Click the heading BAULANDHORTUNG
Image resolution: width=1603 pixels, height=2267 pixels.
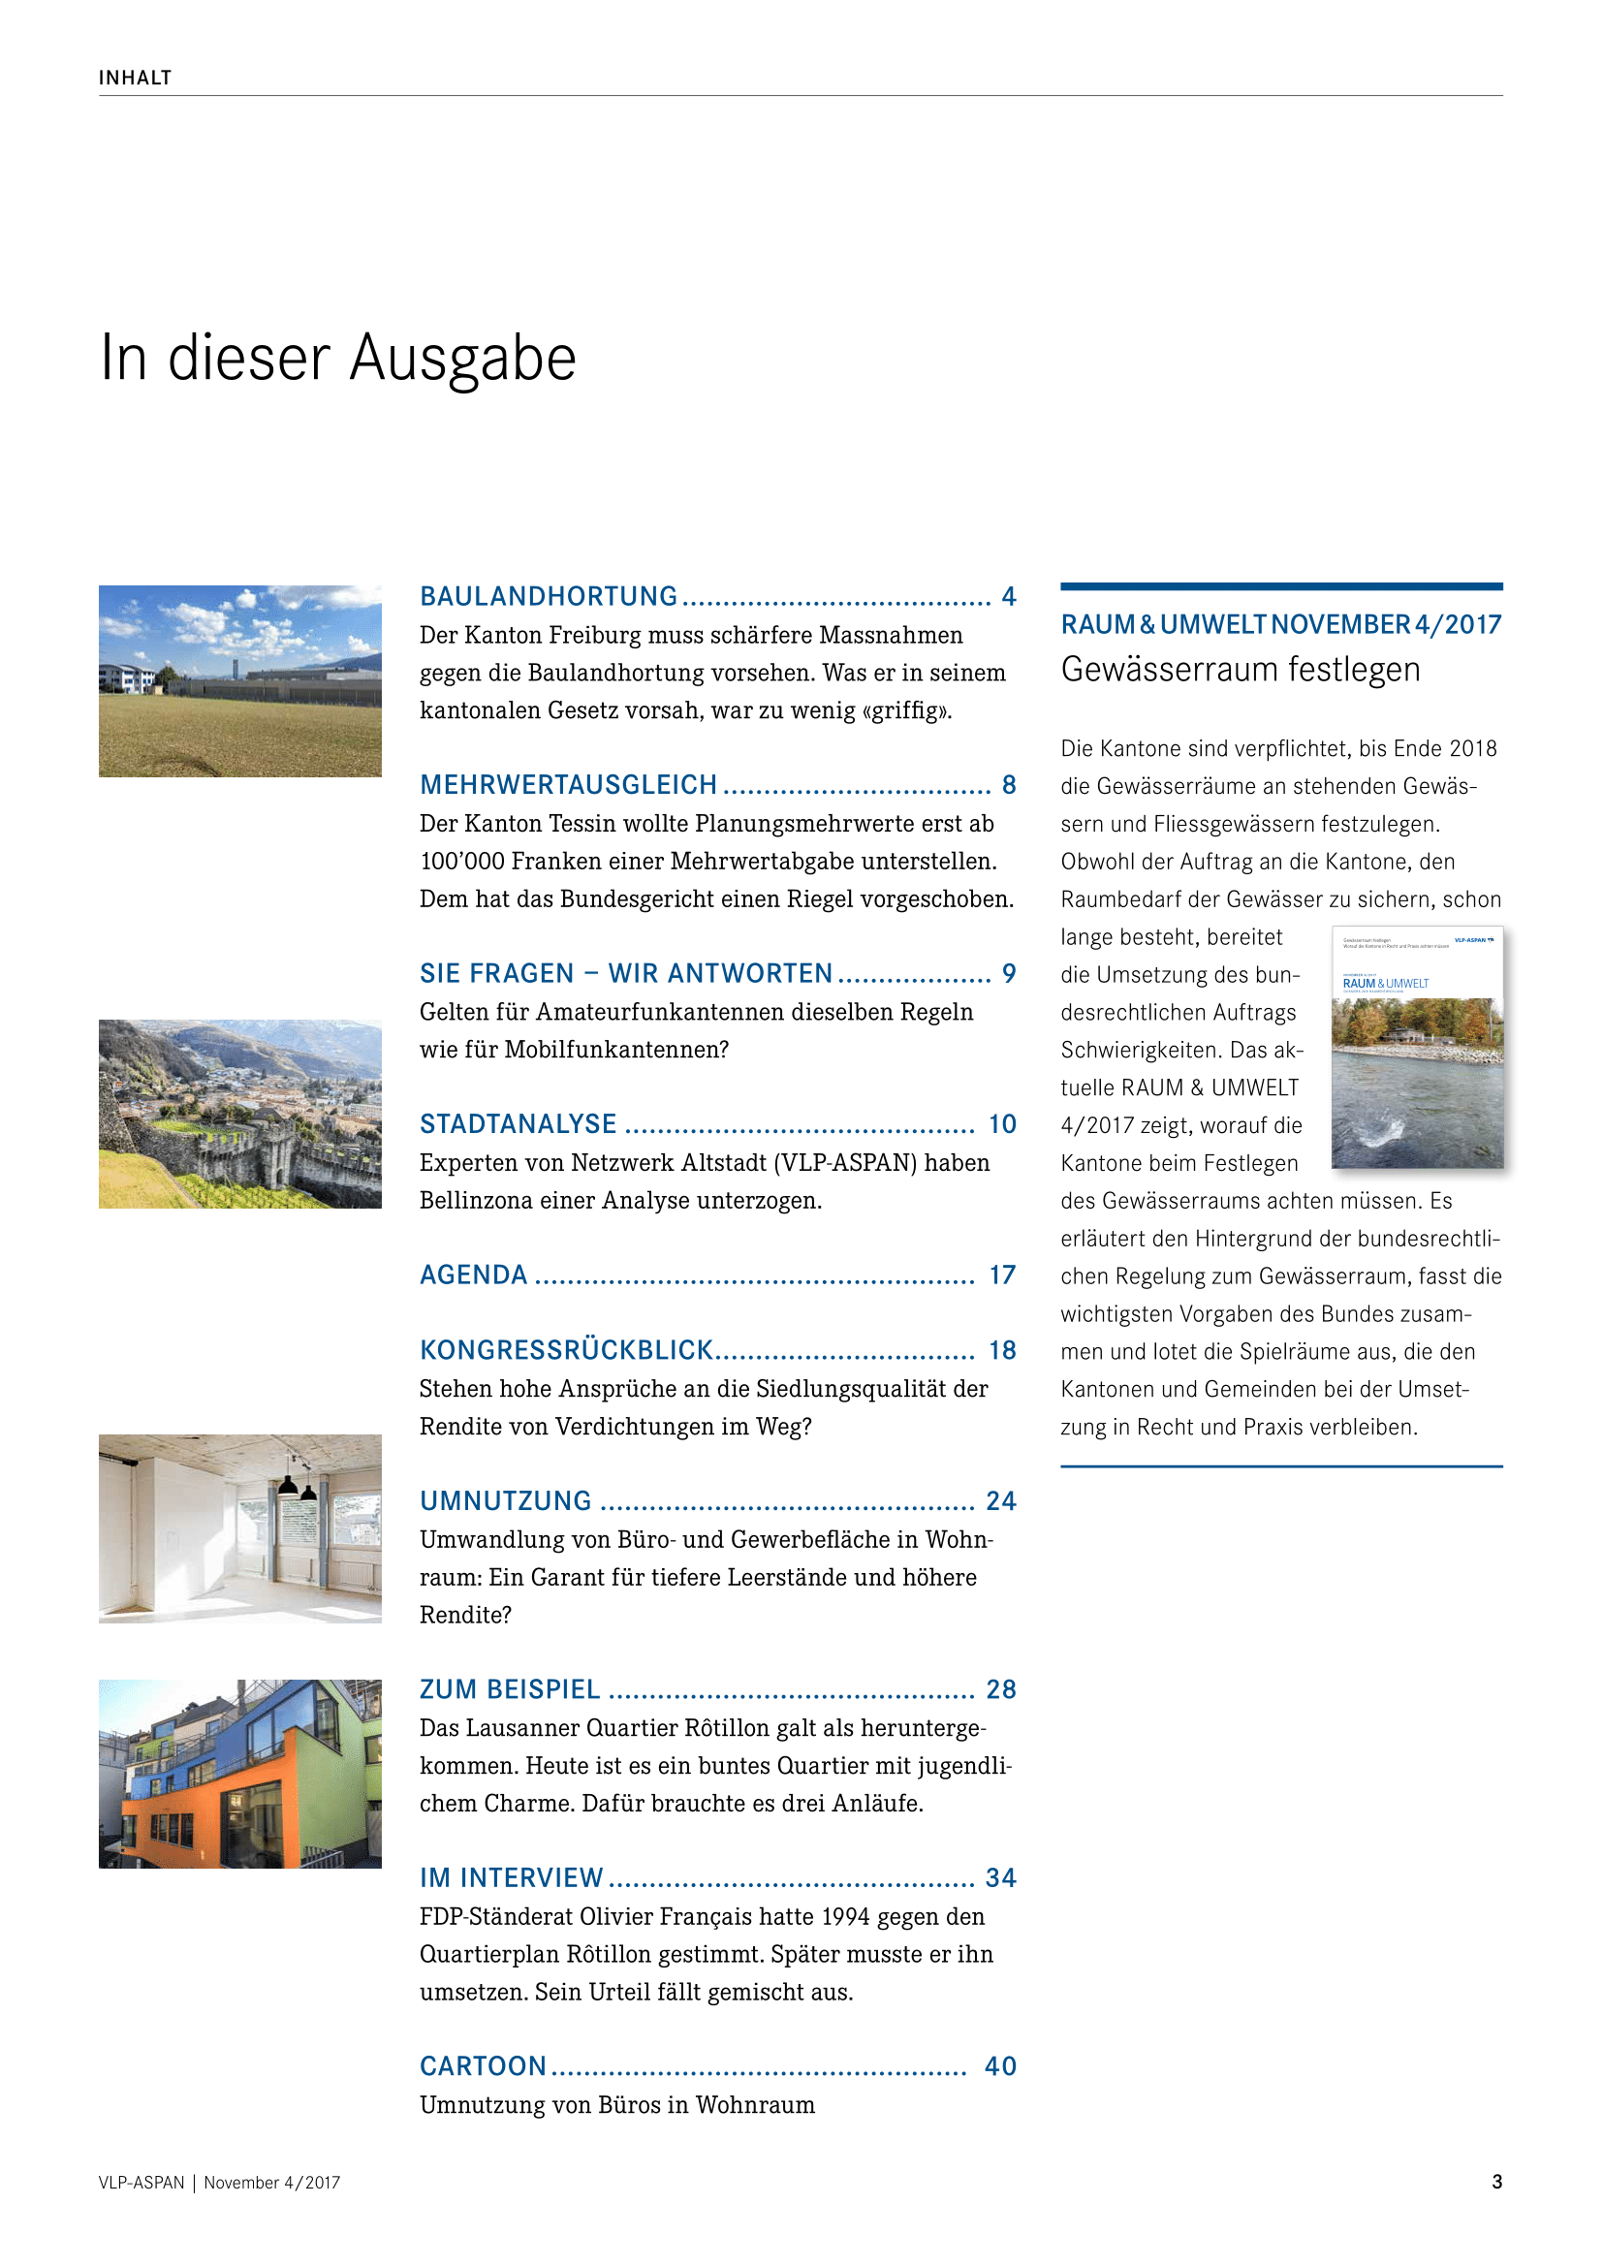tap(549, 596)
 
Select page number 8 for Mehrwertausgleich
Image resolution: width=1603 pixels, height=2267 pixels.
tap(1009, 785)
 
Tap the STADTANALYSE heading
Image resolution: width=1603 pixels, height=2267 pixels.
tap(519, 1123)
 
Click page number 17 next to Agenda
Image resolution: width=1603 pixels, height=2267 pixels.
tap(1002, 1275)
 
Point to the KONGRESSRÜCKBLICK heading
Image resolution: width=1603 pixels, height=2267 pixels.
tap(566, 1350)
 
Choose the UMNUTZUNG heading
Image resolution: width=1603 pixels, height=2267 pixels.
tap(505, 1500)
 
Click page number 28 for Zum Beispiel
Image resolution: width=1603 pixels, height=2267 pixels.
tap(1001, 1689)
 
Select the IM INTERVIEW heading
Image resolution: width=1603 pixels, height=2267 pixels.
tap(512, 1878)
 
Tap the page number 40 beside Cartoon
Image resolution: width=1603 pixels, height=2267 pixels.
tap(1000, 2066)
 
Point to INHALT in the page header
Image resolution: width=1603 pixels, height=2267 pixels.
tap(136, 78)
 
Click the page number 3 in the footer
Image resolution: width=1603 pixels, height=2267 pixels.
tap(1496, 2182)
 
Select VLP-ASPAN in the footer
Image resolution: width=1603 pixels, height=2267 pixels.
tap(141, 2183)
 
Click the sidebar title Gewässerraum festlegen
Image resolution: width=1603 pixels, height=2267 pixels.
tap(1240, 670)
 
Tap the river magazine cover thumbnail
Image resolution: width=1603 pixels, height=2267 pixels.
tap(1417, 1048)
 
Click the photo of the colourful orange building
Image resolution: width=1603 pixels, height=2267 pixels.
tap(239, 1774)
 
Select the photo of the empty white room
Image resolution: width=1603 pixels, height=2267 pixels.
tap(239, 1528)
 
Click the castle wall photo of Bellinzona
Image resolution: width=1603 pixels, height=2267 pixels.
tap(239, 1114)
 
